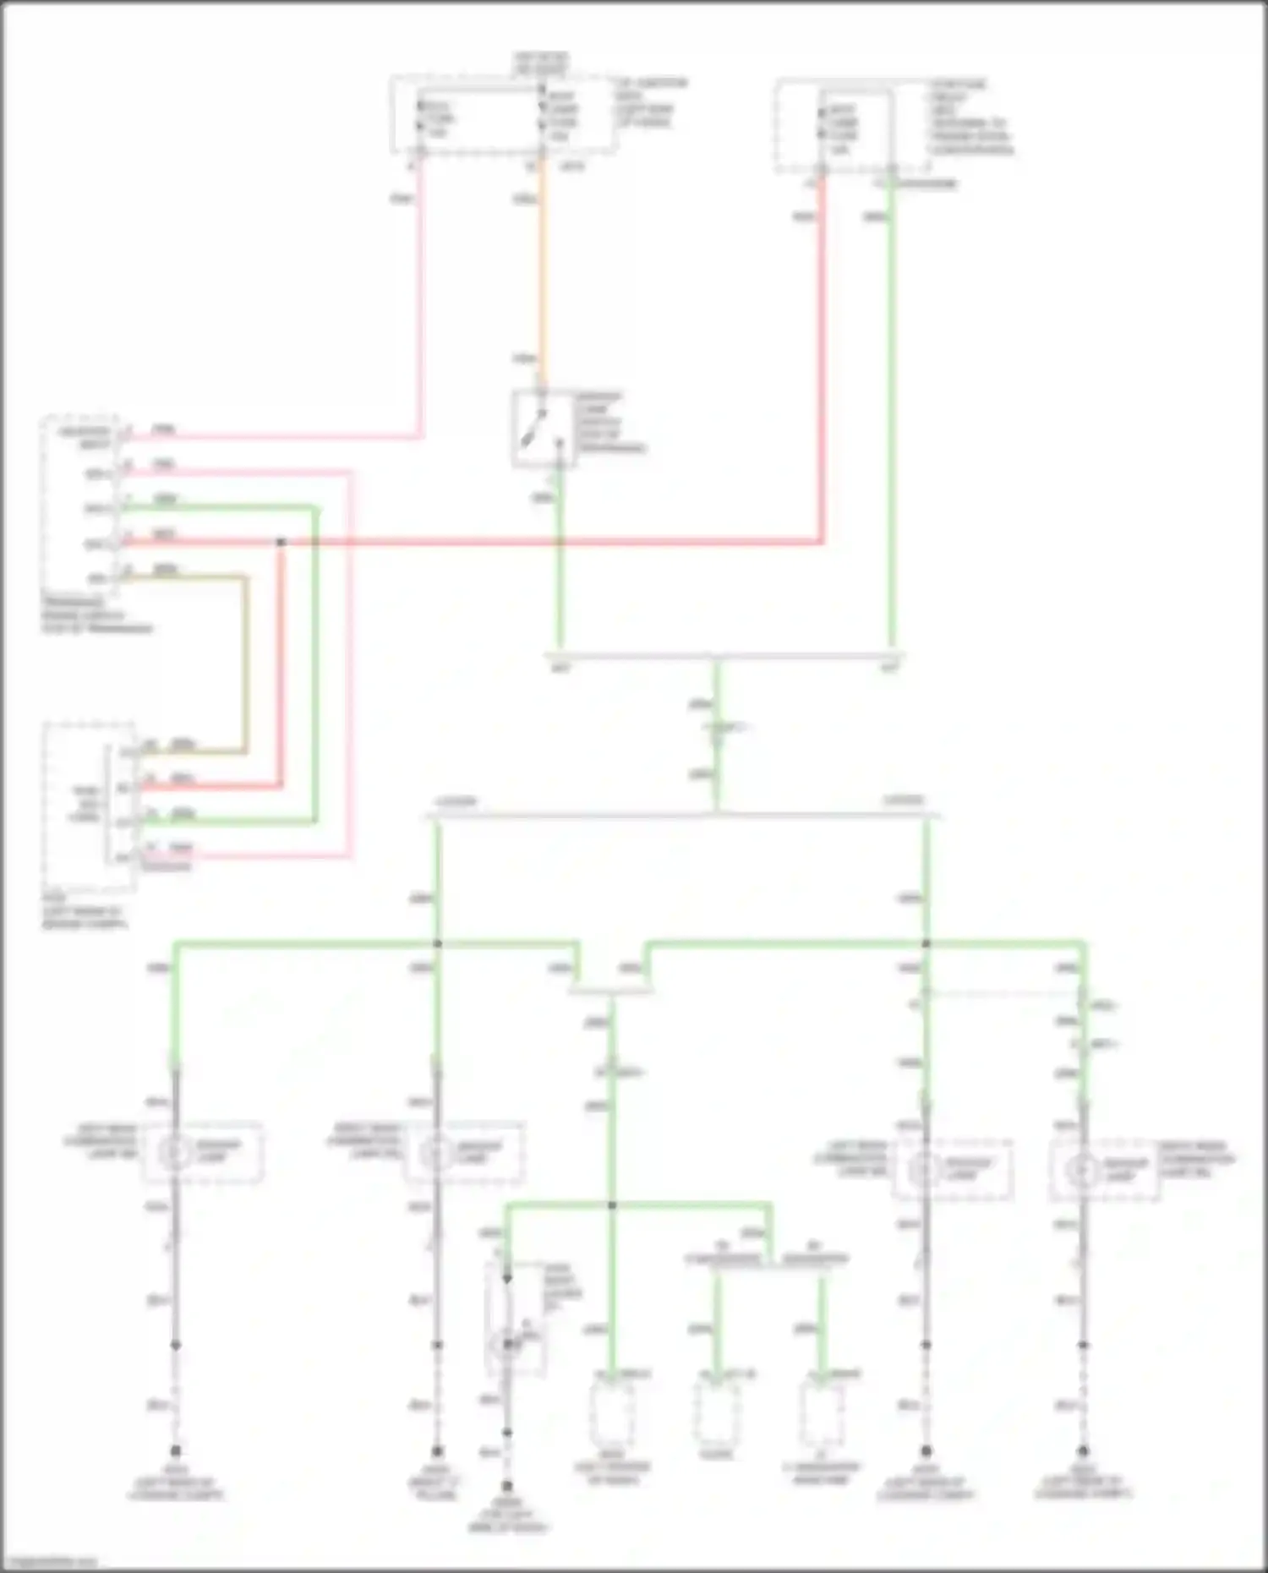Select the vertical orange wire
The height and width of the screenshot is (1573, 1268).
[x=541, y=270]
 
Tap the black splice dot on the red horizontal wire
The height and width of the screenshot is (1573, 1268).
[x=281, y=542]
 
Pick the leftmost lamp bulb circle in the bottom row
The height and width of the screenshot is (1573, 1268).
[x=175, y=1152]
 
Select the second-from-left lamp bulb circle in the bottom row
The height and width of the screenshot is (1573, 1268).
[x=436, y=1152]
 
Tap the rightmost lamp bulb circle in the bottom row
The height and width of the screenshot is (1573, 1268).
[x=1082, y=1171]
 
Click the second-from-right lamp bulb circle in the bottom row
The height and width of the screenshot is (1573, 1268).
[x=925, y=1171]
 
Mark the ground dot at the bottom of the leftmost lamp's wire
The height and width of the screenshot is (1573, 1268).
[x=176, y=1451]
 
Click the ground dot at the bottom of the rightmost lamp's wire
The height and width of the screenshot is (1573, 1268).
[x=1083, y=1451]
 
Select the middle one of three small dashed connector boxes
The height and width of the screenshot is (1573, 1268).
[x=716, y=1412]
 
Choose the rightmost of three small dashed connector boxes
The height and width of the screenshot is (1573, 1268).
[x=821, y=1412]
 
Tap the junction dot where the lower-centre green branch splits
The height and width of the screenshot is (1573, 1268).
[x=612, y=1204]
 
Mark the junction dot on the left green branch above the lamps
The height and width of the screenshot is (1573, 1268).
[x=437, y=943]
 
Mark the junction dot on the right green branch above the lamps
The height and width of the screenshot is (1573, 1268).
[x=926, y=943]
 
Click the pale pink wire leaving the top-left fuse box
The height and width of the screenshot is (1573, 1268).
[x=420, y=296]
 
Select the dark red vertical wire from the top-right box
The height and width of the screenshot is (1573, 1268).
[x=821, y=355]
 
